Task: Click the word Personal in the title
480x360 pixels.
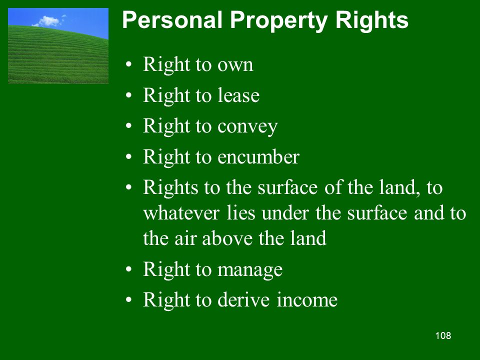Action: point(172,20)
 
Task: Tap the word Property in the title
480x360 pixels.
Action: point(278,21)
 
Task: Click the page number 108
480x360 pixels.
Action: point(443,335)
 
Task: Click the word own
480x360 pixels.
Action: point(235,65)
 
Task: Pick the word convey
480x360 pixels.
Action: point(247,127)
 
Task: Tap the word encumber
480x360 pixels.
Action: point(258,156)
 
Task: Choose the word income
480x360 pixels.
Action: point(307,299)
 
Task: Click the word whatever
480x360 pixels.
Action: point(181,213)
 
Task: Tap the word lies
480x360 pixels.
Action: point(241,213)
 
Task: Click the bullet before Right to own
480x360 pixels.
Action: point(128,64)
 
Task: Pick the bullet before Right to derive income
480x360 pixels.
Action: point(128,299)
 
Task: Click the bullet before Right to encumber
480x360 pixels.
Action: point(128,156)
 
